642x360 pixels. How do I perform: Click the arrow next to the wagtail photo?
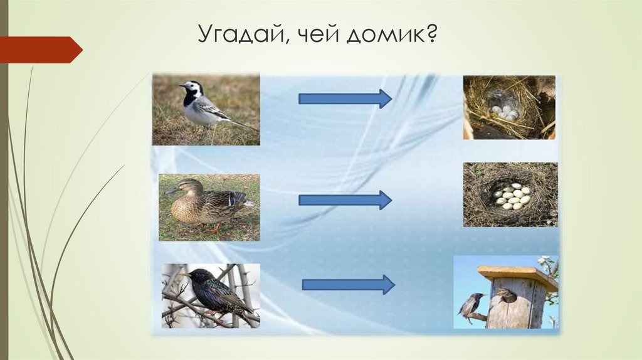(345, 98)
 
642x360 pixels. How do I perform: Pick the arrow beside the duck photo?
(345, 200)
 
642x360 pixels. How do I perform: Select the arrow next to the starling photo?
(348, 285)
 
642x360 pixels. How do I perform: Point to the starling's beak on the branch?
(182, 274)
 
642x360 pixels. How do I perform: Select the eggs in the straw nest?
(505, 112)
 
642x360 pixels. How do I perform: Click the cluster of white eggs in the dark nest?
(512, 196)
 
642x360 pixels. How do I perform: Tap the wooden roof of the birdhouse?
(517, 277)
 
